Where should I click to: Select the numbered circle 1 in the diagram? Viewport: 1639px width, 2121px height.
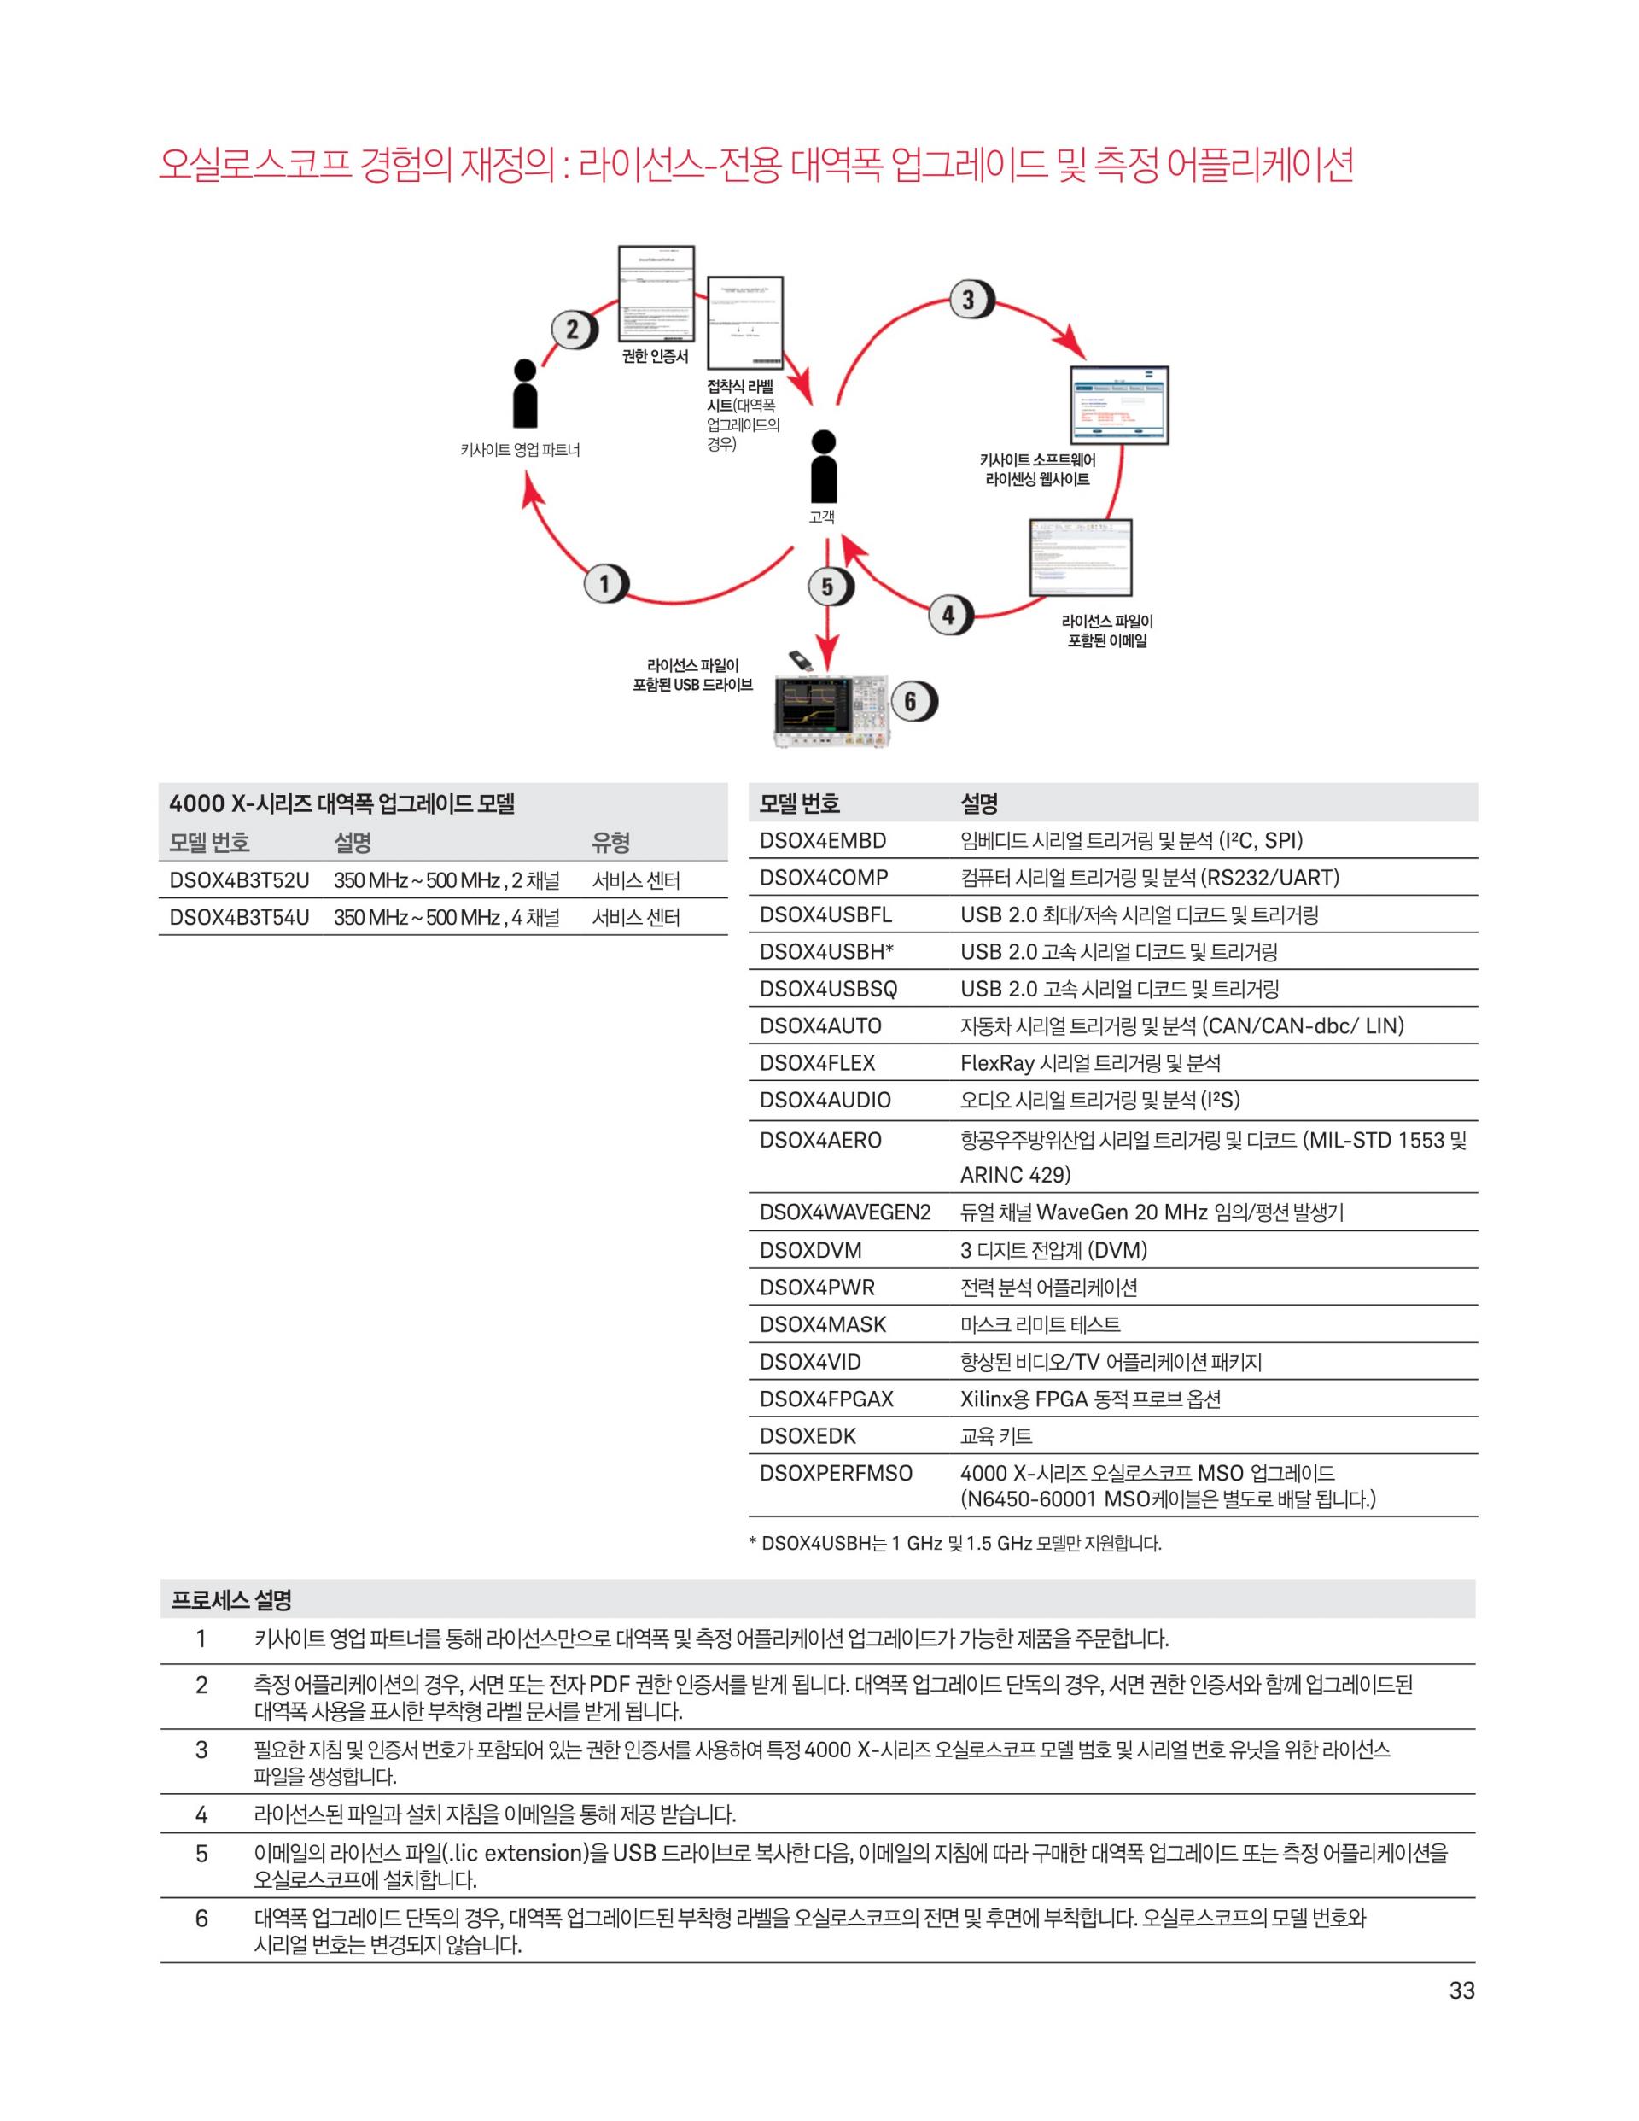(605, 584)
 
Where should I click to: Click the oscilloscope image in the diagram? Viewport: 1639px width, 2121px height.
(831, 713)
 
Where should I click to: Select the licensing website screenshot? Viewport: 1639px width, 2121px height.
(1118, 405)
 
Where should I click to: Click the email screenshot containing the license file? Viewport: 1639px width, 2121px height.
(1081, 557)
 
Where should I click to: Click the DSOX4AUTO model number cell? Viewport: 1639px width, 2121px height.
(820, 1025)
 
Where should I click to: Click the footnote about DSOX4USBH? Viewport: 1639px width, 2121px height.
(955, 1543)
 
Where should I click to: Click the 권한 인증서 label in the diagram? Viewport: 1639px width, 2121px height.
(656, 356)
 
